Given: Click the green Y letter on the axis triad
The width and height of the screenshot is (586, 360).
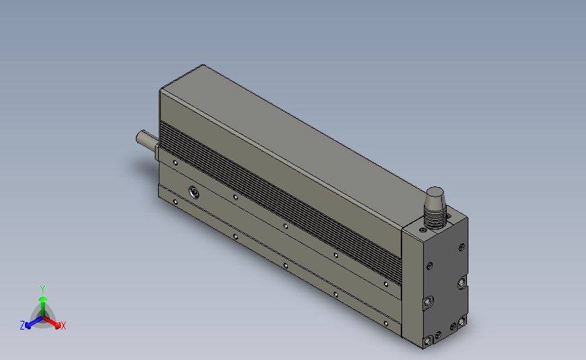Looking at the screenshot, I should click(x=42, y=289).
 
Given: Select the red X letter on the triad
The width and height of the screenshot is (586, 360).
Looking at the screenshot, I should click(x=63, y=326).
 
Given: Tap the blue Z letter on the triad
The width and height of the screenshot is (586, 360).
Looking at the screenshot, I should click(x=22, y=326).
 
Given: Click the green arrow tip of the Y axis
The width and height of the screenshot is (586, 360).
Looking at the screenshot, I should click(x=42, y=298).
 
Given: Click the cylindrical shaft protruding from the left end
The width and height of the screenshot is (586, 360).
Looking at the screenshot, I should click(x=145, y=140).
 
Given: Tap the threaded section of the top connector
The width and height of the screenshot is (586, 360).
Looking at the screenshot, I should click(x=436, y=214).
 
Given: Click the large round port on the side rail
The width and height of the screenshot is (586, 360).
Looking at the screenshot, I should click(x=194, y=191).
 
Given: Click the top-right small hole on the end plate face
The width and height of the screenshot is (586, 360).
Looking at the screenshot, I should click(x=462, y=247).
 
